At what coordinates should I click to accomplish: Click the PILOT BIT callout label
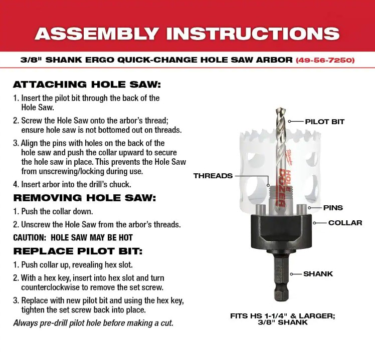tap(324, 122)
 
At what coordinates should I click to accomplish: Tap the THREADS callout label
tap(213, 176)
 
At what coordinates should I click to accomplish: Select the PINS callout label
tap(333, 208)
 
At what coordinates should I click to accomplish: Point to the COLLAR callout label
tap(345, 223)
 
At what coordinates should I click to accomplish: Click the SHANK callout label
tap(318, 274)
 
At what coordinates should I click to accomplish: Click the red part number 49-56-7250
tap(325, 60)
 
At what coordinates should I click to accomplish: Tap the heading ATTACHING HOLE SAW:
tap(87, 85)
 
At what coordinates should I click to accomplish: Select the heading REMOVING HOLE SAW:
tap(85, 198)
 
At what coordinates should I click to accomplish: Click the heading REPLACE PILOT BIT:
tap(78, 251)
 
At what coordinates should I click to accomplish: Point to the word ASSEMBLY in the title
tap(97, 34)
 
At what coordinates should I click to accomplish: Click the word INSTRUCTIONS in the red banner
tap(253, 34)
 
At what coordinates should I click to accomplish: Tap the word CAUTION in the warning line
tap(30, 238)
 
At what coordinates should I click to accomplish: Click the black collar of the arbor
tap(281, 231)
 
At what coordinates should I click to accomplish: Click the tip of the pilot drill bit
tap(280, 109)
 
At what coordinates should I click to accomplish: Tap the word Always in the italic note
tap(26, 323)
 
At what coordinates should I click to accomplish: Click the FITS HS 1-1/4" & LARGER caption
tap(283, 316)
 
